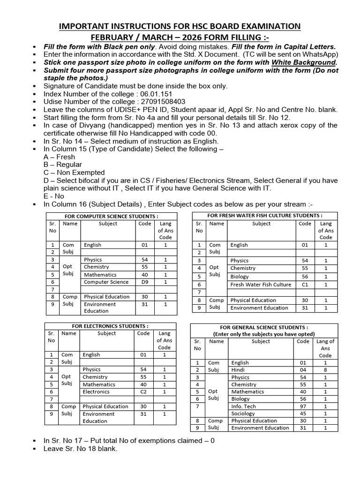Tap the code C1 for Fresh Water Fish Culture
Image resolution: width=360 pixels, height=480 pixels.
click(x=305, y=285)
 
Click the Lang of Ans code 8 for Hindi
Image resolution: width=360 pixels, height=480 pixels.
click(x=325, y=370)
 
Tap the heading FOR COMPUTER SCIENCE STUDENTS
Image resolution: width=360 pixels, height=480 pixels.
click(x=111, y=216)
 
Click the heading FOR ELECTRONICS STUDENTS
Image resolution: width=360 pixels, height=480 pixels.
click(x=110, y=326)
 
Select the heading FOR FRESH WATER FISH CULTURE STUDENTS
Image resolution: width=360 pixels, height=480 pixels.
click(x=265, y=215)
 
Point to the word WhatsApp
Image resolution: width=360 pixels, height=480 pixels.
click(x=317, y=55)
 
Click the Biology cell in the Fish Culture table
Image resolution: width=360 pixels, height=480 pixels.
click(x=240, y=277)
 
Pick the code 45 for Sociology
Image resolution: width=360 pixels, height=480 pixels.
click(x=303, y=413)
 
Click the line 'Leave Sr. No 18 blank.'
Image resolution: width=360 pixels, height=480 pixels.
click(x=80, y=449)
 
